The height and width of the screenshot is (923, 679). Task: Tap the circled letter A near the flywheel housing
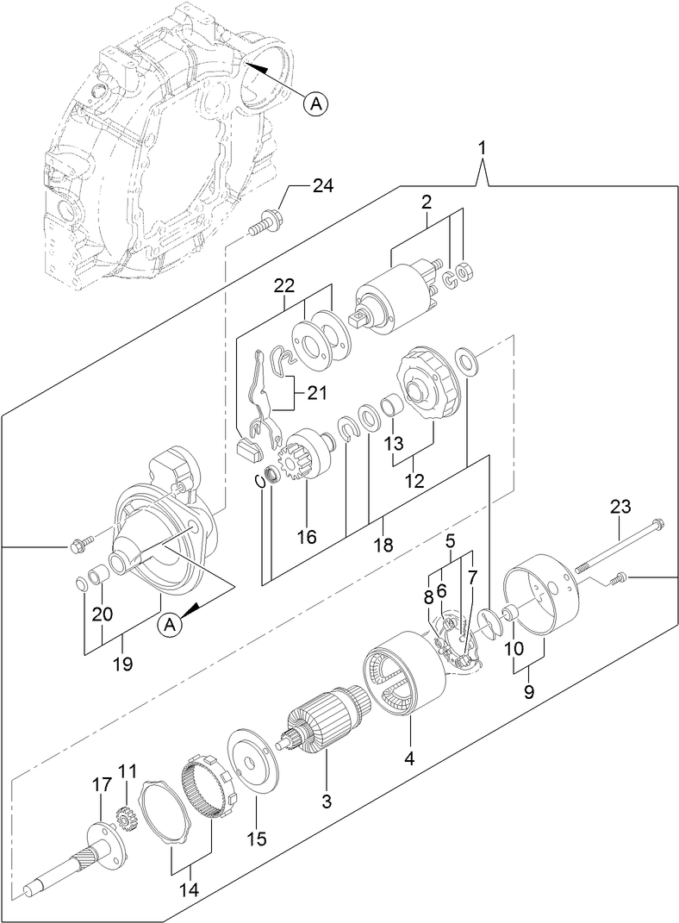click(316, 104)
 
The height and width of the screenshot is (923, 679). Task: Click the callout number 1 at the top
click(483, 148)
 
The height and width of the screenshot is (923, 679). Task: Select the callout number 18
click(383, 544)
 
